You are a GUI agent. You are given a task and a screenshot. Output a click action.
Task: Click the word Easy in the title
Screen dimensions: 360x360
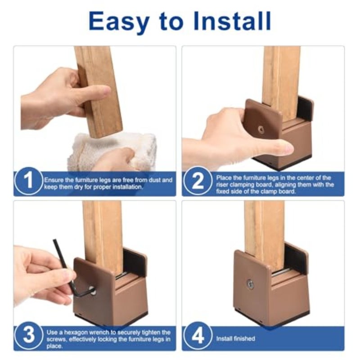119,21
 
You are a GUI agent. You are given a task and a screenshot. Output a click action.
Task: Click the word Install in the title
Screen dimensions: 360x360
232,21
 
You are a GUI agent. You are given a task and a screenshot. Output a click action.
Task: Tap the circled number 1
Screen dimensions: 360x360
28,181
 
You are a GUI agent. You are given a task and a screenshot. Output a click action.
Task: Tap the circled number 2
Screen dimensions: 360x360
198,181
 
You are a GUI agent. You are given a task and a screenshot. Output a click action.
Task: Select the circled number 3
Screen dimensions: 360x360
29,335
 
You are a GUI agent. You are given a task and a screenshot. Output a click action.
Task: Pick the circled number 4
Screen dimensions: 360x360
198,336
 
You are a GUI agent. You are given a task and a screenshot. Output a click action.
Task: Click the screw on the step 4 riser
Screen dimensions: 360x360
250,284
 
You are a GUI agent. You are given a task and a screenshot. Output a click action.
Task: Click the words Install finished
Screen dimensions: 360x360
235,338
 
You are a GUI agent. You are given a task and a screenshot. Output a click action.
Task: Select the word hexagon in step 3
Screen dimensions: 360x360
82,332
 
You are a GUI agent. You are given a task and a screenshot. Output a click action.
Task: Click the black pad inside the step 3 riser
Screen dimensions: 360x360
134,262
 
